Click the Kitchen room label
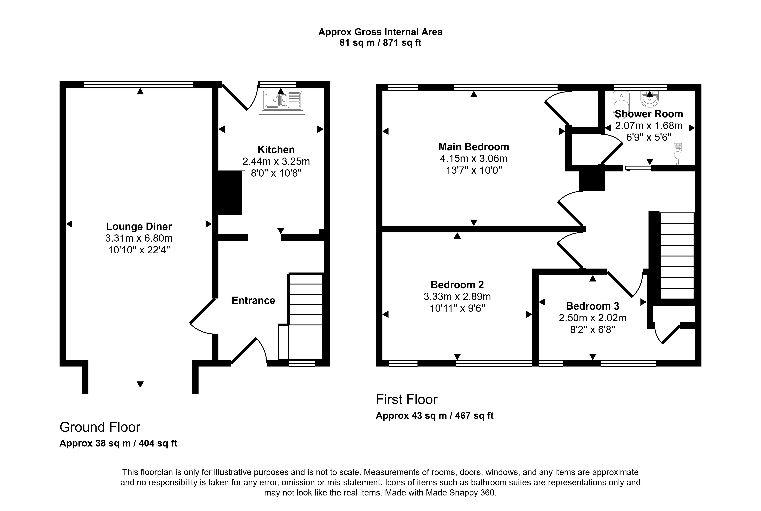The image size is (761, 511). (x=276, y=150)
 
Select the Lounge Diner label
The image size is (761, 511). (x=139, y=226)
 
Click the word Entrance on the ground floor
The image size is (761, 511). (x=253, y=300)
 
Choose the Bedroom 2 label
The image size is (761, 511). (x=457, y=285)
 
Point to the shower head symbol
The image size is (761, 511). (x=678, y=153)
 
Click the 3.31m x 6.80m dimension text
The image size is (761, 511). (x=139, y=238)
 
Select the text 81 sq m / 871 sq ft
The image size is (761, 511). (x=380, y=43)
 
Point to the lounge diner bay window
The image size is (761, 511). (x=140, y=390)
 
